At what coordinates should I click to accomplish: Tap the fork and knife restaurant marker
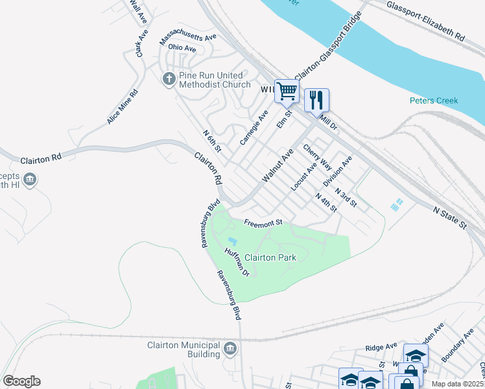click(x=316, y=100)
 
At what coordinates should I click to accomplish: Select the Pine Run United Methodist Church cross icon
click(x=169, y=79)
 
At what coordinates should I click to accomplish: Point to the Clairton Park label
click(x=270, y=257)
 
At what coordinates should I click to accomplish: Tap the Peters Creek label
click(x=434, y=100)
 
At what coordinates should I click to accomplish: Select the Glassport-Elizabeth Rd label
click(x=425, y=21)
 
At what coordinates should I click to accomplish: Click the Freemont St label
click(x=264, y=223)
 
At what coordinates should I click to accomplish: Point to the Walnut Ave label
click(x=278, y=165)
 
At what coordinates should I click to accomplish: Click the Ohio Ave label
click(x=182, y=48)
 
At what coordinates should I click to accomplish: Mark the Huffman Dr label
click(x=237, y=263)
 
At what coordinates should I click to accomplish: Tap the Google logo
click(x=21, y=381)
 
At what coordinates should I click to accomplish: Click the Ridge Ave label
click(x=381, y=348)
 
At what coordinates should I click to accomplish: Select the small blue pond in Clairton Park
click(x=232, y=242)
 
